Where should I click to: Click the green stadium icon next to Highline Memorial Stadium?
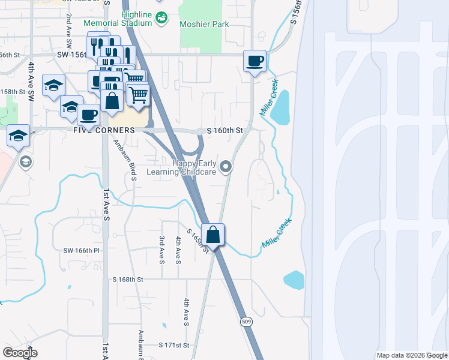[161, 19]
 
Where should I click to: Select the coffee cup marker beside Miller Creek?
[255, 61]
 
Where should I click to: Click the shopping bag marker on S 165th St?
[213, 235]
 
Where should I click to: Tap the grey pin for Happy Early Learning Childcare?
[226, 166]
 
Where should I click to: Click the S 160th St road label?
[224, 130]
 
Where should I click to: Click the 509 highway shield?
[247, 322]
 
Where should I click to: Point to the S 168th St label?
[128, 280]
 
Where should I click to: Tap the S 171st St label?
[174, 346]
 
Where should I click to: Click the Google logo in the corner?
[20, 353]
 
